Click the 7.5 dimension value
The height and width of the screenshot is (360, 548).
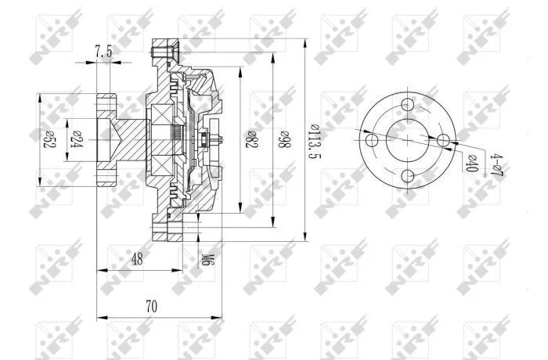pos(104,52)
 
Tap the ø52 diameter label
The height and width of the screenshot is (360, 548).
pos(49,139)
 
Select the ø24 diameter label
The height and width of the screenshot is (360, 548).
pos(76,139)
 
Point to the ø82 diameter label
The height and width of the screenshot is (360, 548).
pos(251,139)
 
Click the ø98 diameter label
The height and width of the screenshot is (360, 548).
pos(284,139)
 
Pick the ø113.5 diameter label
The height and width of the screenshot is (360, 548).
pos(315,141)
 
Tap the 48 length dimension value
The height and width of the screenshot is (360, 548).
pos(137,259)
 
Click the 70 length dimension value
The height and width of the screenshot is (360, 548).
pos(151,307)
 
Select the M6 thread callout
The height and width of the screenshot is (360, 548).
pos(207,259)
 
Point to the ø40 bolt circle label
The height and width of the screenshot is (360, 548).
pos(471,164)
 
